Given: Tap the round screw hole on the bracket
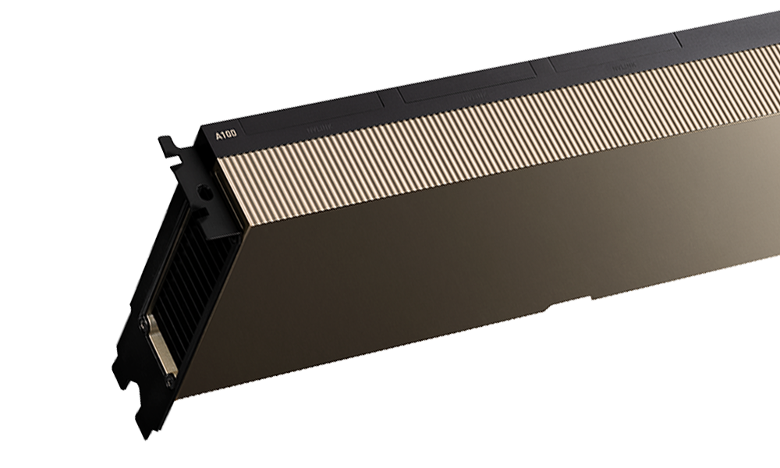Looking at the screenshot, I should click(x=204, y=190).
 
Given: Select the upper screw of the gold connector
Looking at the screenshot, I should click(x=143, y=321).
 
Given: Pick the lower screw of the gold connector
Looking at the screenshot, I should click(x=169, y=380).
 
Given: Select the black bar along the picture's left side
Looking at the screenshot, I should click(x=55, y=234).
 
